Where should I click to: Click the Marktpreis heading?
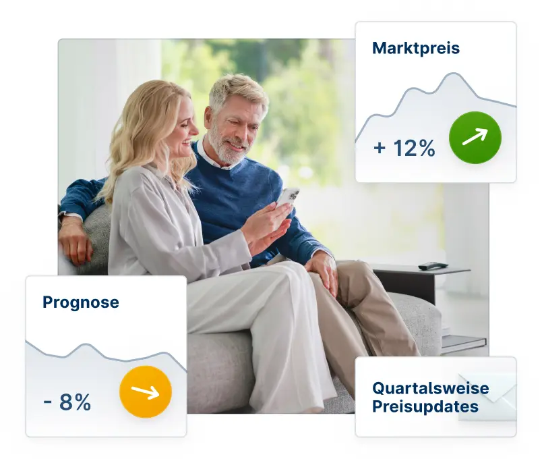pos(415,49)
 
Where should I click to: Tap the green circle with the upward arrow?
pos(475,138)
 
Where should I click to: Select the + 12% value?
pos(404,148)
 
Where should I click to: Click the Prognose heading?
pos(80,302)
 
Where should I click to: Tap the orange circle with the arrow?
pos(146,391)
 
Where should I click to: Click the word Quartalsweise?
pos(430,389)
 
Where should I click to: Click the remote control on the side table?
pos(432,266)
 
